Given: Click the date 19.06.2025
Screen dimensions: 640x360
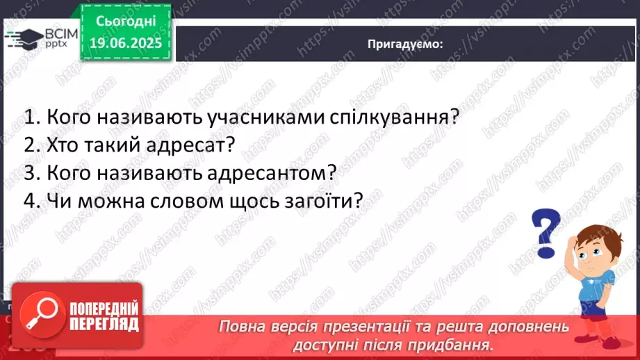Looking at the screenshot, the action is [x=126, y=43].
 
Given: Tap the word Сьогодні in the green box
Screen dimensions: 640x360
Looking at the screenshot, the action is [x=126, y=22].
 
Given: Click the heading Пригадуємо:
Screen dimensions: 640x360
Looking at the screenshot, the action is [x=405, y=44].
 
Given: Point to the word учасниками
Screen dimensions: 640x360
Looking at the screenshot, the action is [x=265, y=117].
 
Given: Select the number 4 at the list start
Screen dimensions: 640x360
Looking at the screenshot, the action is [x=30, y=201].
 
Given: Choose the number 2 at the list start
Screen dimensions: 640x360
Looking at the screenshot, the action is [x=30, y=145].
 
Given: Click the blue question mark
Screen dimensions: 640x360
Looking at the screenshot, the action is [x=545, y=233].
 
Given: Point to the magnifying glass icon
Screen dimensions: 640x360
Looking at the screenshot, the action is [x=41, y=314].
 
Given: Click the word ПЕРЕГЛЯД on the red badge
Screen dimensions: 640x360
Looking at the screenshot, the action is [x=104, y=324].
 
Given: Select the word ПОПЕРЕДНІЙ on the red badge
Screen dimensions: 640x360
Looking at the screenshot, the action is [x=104, y=308].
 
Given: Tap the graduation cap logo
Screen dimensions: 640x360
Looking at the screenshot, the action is [x=24, y=39].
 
